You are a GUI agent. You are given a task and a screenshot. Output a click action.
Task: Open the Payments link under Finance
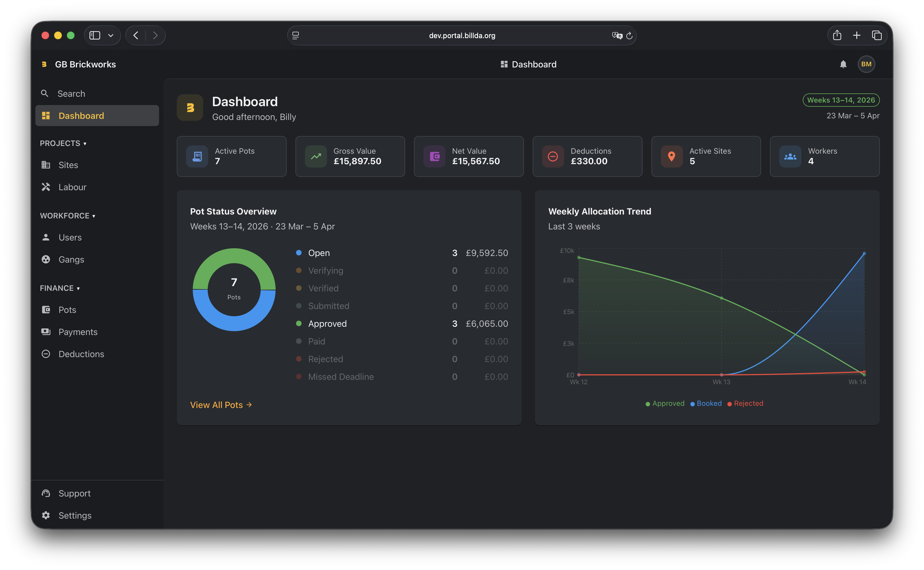[78, 332]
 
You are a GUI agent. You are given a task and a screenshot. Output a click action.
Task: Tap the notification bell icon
[843, 64]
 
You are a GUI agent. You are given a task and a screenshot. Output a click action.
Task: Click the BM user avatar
[866, 64]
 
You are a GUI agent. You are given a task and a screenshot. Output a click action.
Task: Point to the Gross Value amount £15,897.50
[357, 161]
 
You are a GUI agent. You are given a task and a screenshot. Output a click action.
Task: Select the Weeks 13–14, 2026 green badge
[841, 100]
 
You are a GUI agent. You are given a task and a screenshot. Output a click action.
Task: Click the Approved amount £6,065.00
[487, 323]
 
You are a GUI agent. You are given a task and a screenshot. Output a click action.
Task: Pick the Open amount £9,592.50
[487, 253]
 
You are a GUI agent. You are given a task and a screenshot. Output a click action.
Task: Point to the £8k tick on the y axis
[568, 280]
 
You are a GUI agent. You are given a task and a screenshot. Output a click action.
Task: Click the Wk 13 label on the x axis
[721, 382]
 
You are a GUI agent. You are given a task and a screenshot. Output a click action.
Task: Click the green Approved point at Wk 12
[579, 257]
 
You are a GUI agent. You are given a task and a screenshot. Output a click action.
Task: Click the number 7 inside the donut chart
[234, 282]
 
